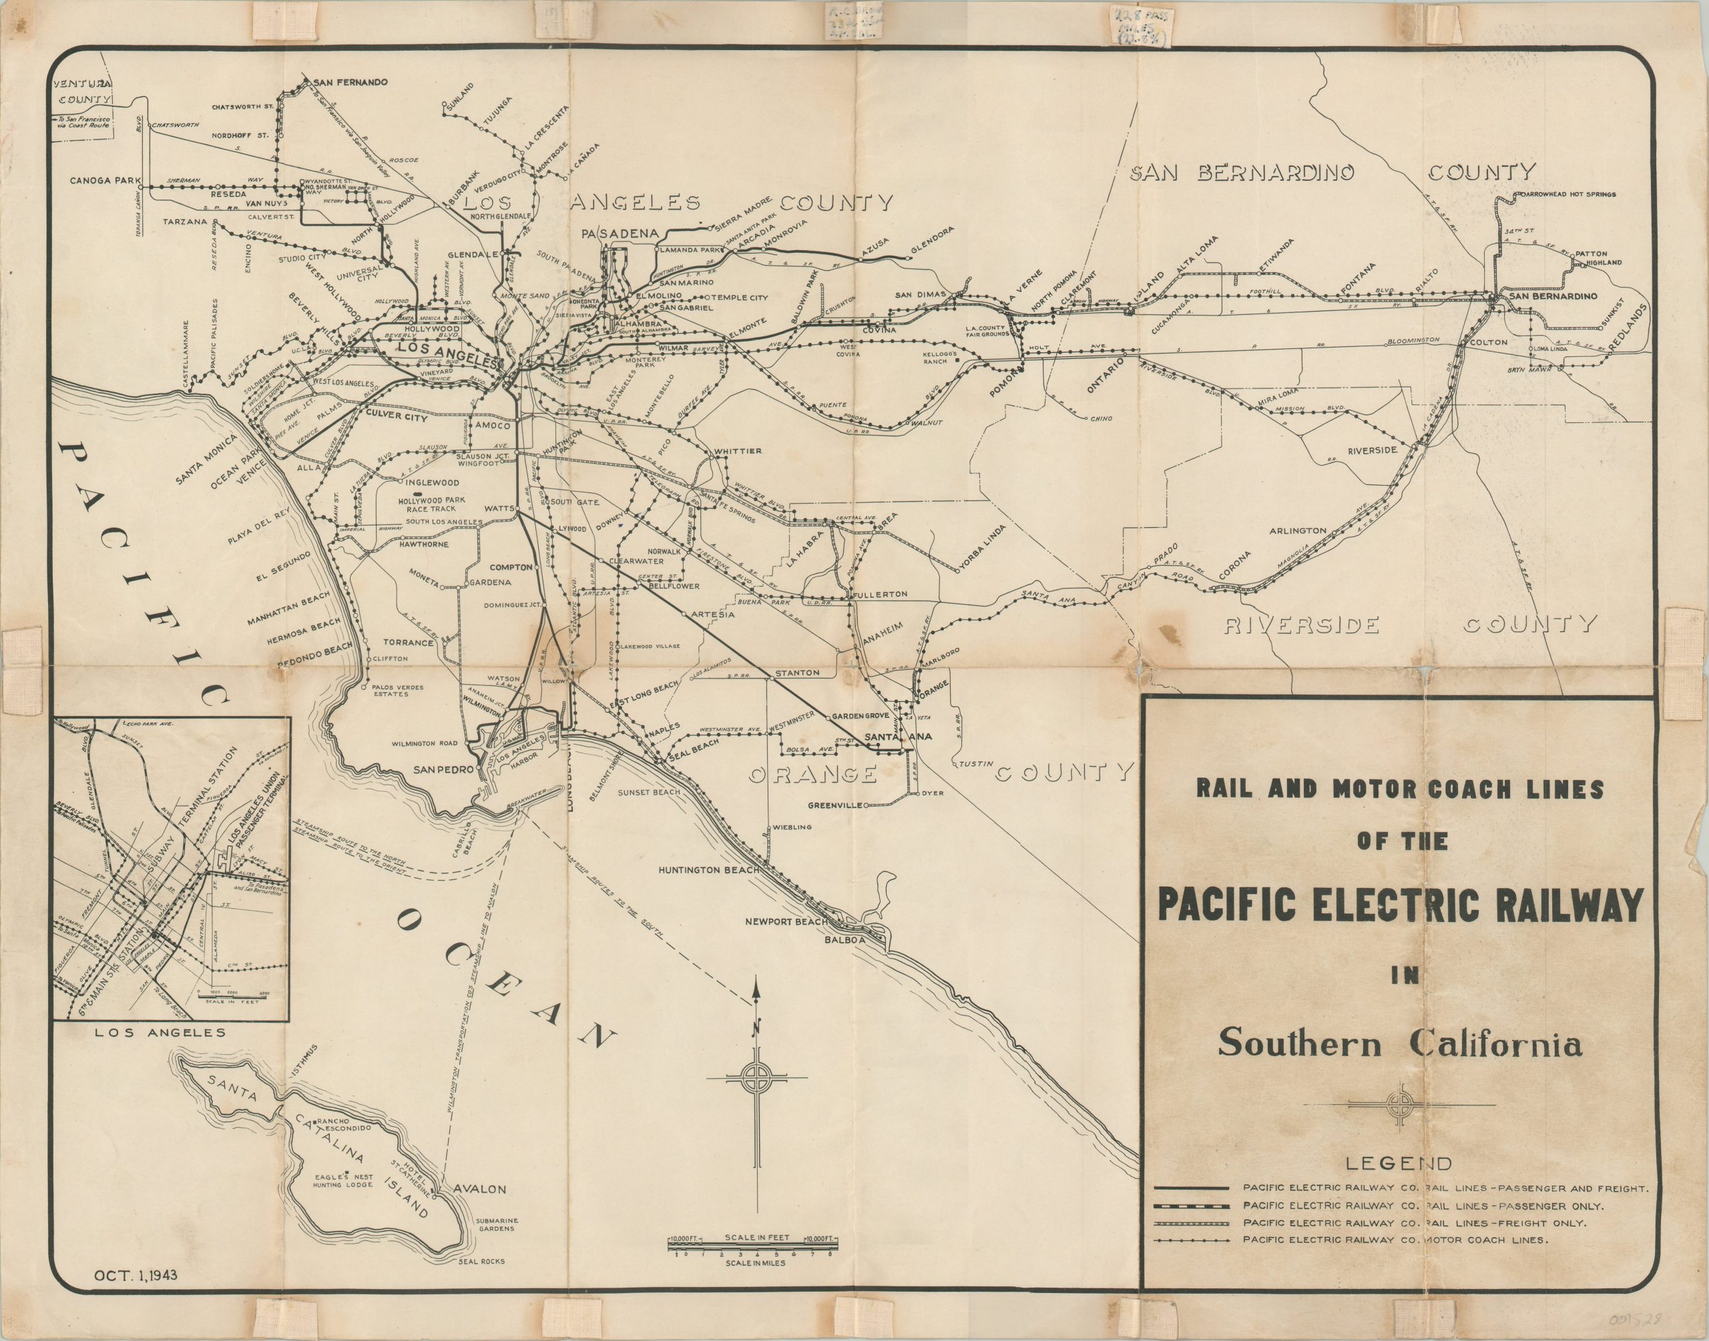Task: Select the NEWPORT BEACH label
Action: point(785,922)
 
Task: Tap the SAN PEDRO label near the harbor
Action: point(444,770)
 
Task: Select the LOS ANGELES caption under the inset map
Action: point(160,1033)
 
